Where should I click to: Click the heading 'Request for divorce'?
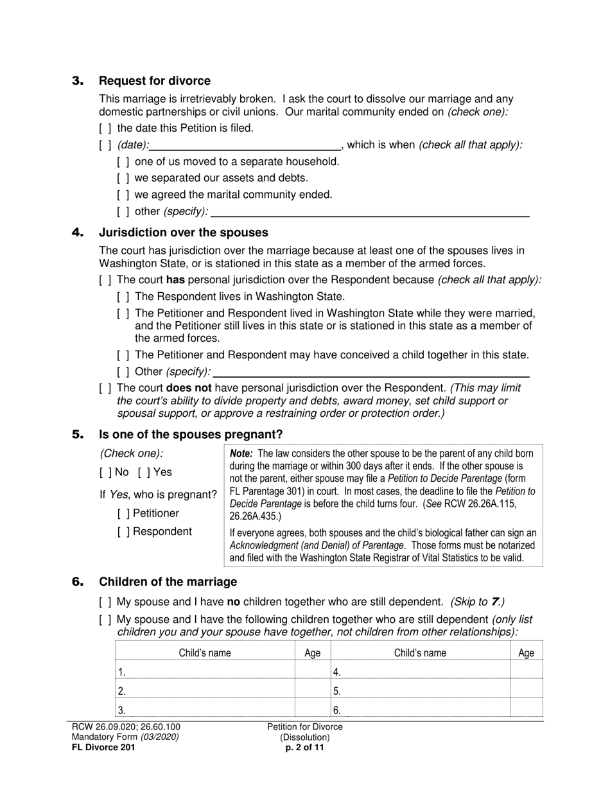[154, 81]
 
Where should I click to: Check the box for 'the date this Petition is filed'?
[105, 128]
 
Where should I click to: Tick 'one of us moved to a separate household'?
[123, 162]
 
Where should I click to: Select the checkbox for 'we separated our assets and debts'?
[123, 178]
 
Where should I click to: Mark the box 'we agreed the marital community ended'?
[123, 195]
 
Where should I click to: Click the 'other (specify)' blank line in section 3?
[370, 212]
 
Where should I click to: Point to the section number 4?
[78, 233]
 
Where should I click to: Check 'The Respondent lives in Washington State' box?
[123, 297]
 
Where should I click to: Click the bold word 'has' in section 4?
[175, 280]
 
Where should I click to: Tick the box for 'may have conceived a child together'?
[123, 355]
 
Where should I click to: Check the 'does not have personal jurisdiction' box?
[105, 388]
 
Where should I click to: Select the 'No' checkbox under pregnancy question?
[105, 473]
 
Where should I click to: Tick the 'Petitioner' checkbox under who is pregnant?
[123, 514]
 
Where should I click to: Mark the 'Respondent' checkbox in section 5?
[123, 532]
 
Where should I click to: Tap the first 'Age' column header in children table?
[312, 653]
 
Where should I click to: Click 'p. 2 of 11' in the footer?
[305, 748]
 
